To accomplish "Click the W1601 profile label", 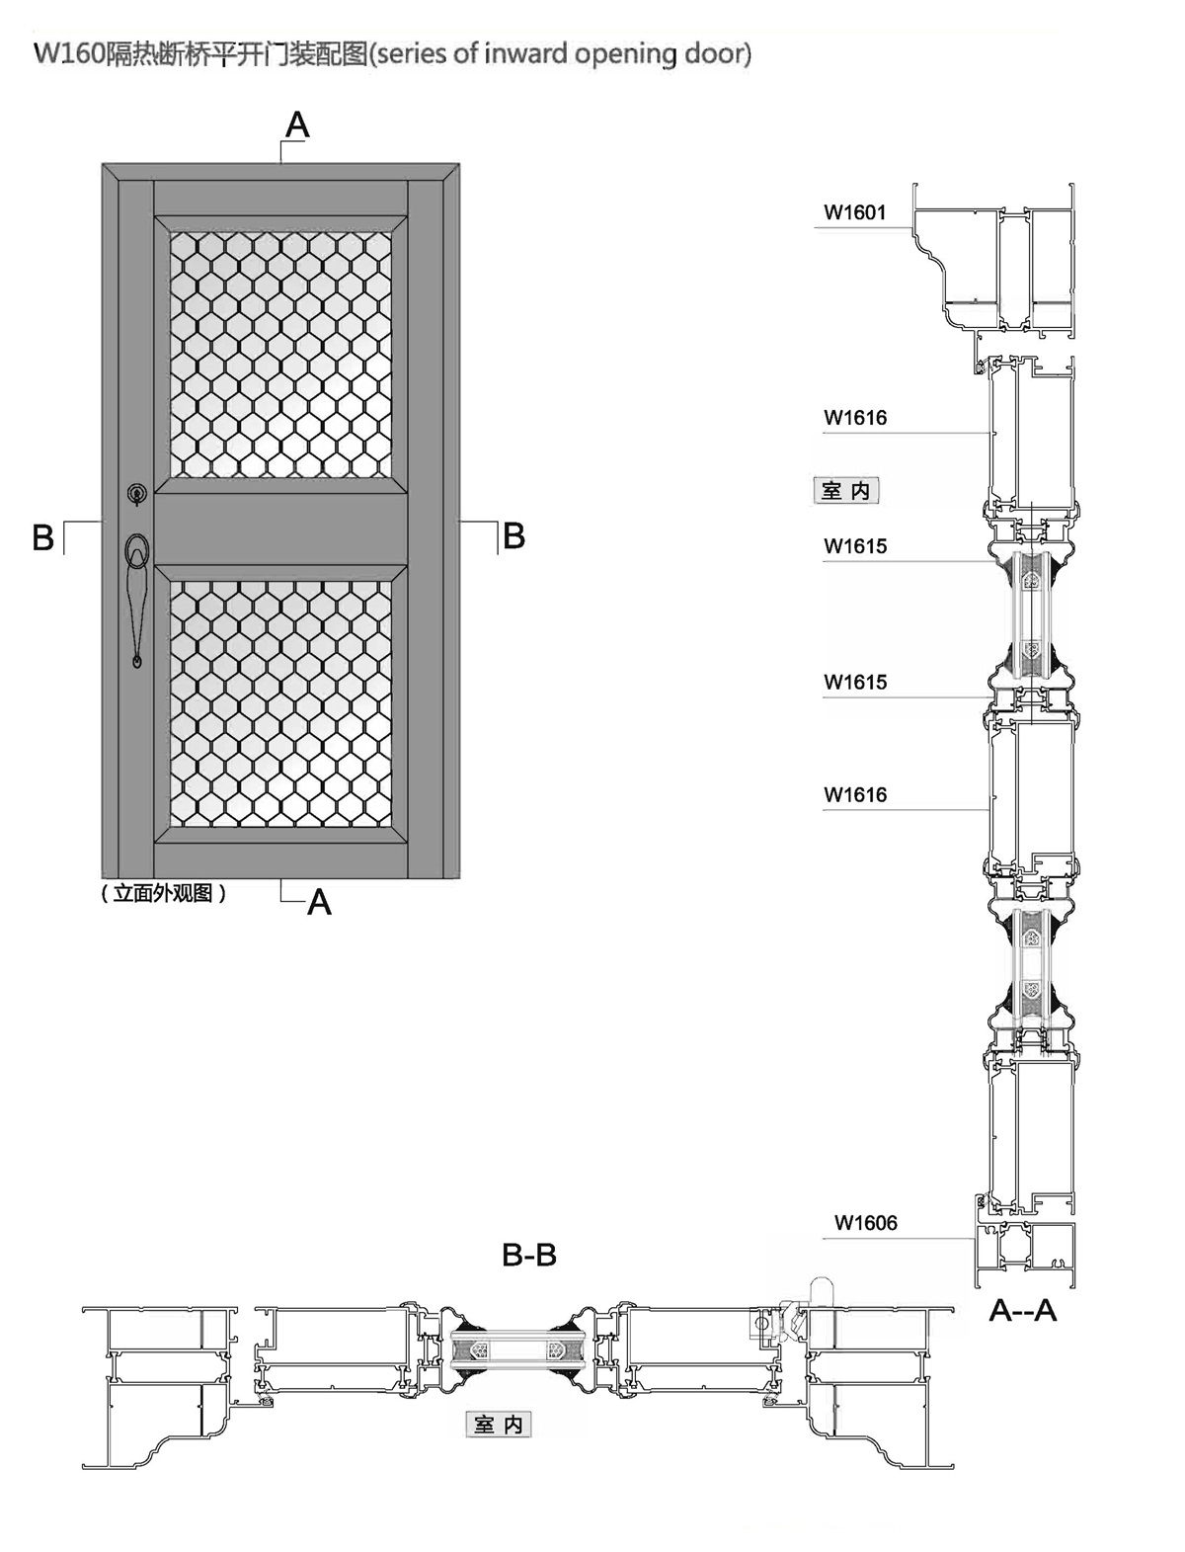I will point(855,212).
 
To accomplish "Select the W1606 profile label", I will point(866,1223).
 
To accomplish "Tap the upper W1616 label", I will point(855,418).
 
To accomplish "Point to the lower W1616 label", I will point(855,795).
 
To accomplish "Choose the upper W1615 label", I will point(855,546).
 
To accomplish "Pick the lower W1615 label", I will point(855,683).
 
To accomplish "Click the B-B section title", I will point(529,1256).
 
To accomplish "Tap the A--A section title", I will point(1023,1311).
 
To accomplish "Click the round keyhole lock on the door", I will point(136,491).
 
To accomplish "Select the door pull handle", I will point(137,593).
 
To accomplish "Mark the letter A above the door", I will point(297,125).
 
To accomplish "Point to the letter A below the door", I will point(319,903).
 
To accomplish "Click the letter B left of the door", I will point(42,538).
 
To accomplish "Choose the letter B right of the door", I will point(513,536).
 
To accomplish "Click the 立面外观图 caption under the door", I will point(163,894).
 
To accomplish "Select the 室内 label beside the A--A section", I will point(845,491).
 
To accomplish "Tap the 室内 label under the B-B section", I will point(499,1424).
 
